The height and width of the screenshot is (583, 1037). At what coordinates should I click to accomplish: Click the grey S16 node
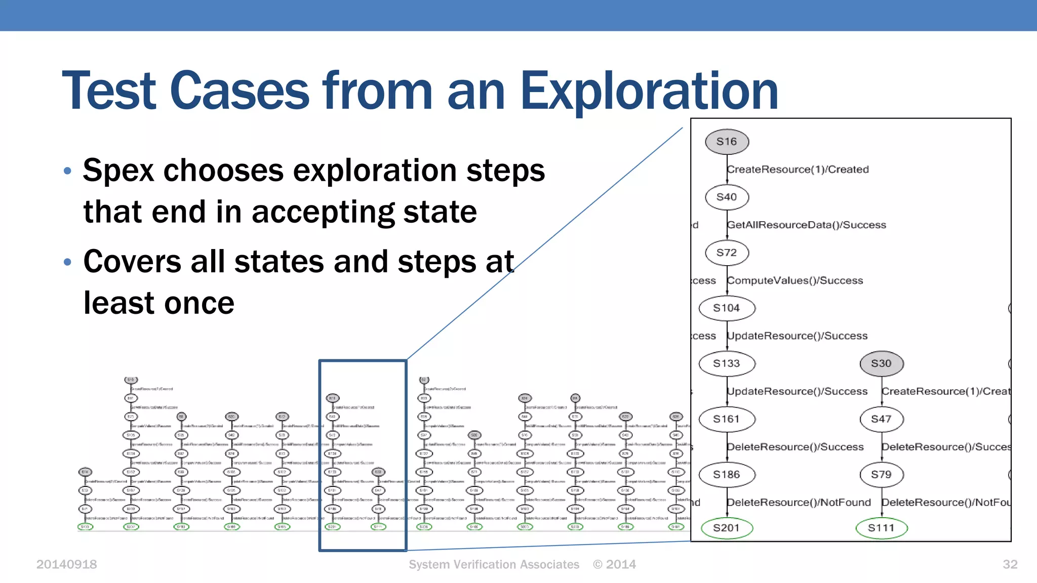click(727, 142)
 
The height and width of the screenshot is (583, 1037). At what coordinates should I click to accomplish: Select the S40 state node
click(727, 197)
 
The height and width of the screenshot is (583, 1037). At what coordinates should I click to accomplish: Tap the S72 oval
click(727, 253)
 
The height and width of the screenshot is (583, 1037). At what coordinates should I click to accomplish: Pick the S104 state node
click(727, 308)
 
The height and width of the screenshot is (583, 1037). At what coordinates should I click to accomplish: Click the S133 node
click(727, 363)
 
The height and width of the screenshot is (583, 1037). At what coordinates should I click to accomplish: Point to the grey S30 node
click(881, 363)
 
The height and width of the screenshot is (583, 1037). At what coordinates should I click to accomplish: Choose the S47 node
click(881, 419)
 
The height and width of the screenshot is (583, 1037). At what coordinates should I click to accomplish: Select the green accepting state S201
click(727, 528)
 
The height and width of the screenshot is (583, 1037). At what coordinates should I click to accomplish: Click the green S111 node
click(881, 528)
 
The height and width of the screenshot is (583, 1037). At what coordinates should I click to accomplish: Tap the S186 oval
click(727, 474)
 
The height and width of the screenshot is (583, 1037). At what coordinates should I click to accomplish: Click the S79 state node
click(881, 474)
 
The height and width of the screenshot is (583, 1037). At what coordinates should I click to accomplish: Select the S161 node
click(727, 419)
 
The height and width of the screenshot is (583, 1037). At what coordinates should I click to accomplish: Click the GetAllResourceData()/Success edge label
click(807, 225)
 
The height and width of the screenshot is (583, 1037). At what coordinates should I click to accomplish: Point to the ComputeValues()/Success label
click(795, 280)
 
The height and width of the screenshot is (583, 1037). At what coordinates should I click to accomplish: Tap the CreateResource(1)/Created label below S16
click(798, 170)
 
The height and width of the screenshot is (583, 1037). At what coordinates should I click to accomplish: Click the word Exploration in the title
click(649, 91)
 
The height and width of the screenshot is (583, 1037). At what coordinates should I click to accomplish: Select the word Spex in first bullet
click(118, 171)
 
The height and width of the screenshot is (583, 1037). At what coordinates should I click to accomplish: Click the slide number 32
click(1010, 564)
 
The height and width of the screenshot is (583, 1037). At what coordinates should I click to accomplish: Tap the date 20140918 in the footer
click(66, 564)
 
